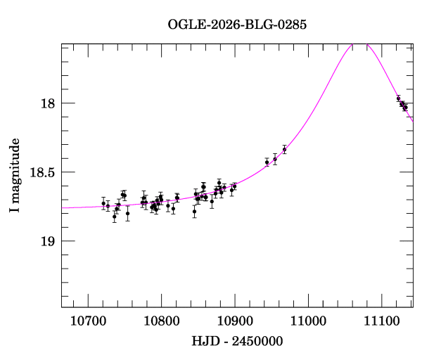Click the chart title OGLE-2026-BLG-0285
pos(237,24)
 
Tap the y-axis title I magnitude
pos(14,176)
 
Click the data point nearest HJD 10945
pos(267,162)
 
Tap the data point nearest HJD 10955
pos(275,160)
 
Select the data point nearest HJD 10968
pos(284,149)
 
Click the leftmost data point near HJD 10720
pos(103,203)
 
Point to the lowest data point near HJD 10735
pos(114,217)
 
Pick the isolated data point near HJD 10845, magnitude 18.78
pos(194,211)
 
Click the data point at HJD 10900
pos(234,186)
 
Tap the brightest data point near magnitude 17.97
pos(398,98)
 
